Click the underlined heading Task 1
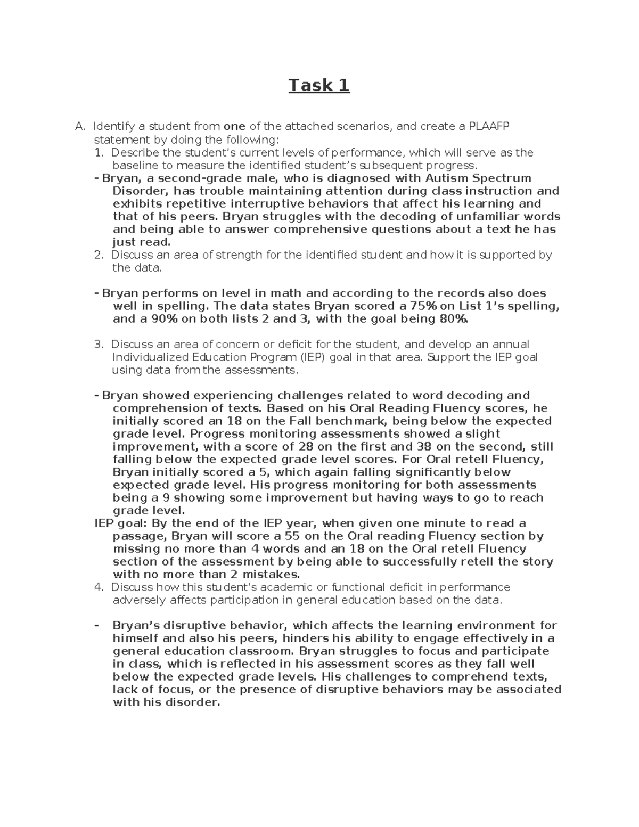click(319, 85)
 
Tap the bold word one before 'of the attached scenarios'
click(234, 127)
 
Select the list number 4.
click(98, 587)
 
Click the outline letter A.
click(80, 127)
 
